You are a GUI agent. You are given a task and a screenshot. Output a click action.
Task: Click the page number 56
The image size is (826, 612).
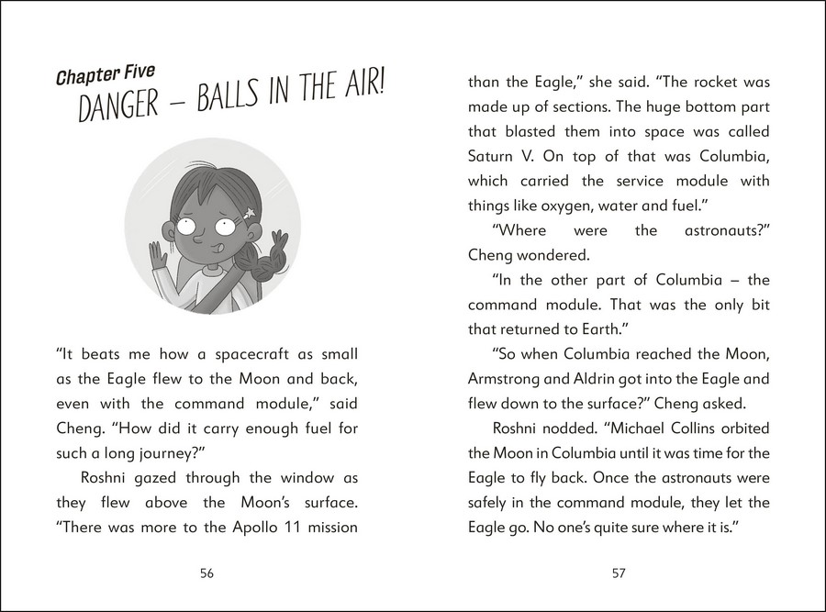(206, 573)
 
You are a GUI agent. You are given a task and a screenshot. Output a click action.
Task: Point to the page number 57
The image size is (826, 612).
(619, 573)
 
